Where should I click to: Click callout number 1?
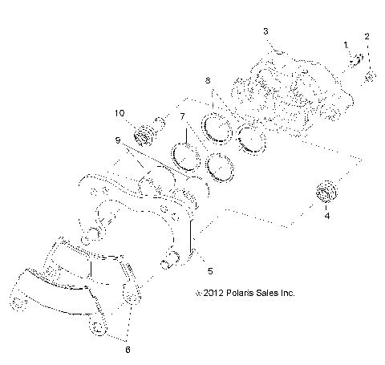coord(346,45)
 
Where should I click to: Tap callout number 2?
coord(367,36)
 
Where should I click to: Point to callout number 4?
coord(326,216)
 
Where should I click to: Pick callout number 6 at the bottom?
coord(126,350)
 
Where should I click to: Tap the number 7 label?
coord(182,117)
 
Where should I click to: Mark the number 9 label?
coord(118,140)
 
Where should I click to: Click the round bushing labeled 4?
coord(327,193)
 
